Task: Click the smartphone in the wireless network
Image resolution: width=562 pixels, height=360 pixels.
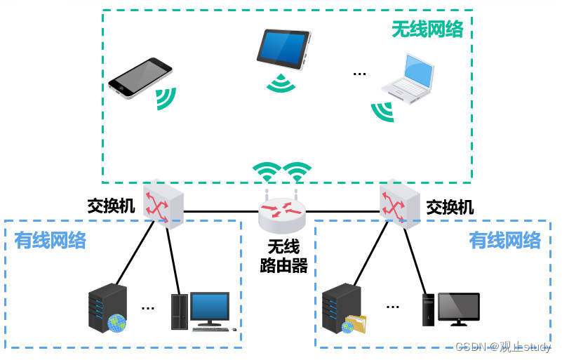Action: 140,76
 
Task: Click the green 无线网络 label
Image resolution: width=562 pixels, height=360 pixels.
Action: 427,29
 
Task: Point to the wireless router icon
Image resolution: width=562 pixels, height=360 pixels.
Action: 282,213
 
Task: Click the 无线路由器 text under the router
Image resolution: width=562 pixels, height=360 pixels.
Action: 283,256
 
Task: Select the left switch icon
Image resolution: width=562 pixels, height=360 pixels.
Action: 164,203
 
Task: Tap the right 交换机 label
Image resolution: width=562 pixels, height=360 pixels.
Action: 450,208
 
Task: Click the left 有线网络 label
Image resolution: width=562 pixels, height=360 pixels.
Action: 51,241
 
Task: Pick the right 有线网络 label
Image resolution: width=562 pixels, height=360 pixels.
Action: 505,241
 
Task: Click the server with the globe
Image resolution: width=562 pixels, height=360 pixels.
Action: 107,308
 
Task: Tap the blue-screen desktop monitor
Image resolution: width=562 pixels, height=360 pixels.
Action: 210,307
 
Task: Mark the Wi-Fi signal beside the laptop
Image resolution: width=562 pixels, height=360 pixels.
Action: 382,111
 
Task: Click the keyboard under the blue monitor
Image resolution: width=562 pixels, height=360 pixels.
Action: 214,329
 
